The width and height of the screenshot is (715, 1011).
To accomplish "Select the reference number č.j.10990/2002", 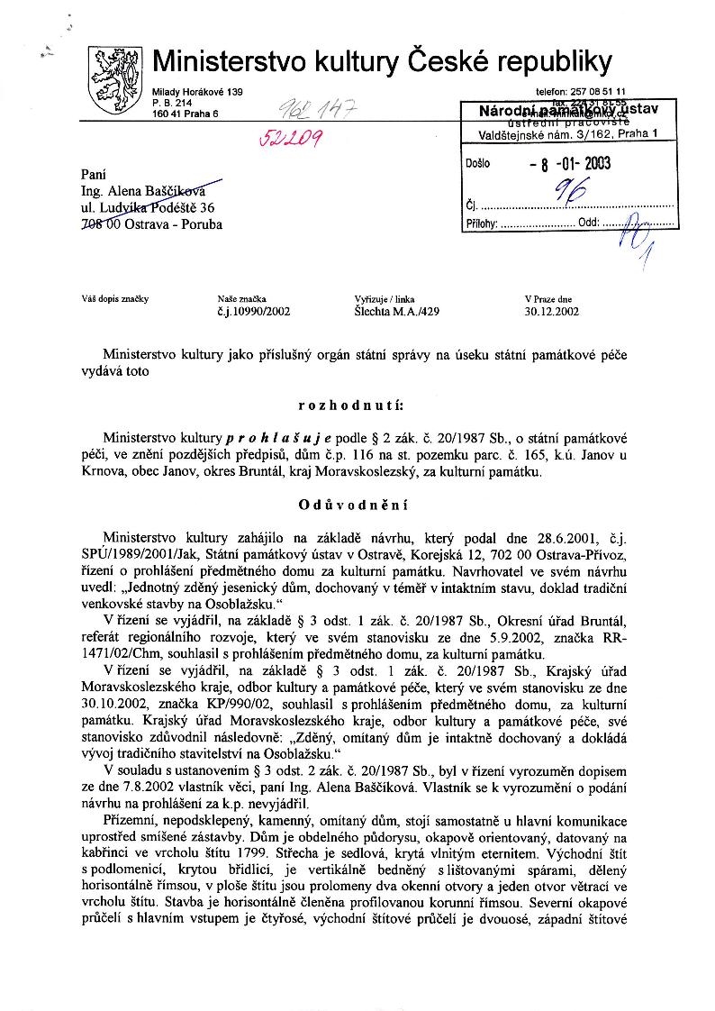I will tap(254, 312).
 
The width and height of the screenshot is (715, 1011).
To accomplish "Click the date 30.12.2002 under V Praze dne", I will tap(552, 312).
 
